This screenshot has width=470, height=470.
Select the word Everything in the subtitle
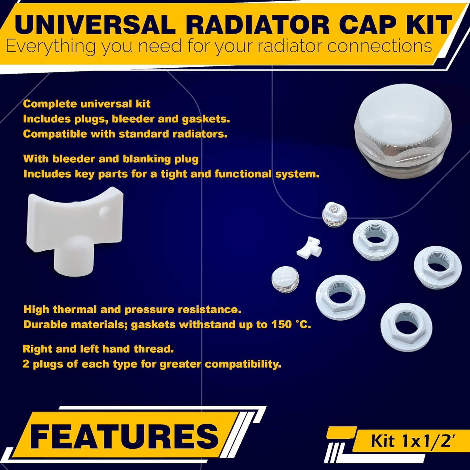point(50,46)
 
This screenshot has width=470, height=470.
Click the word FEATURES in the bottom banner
point(124,436)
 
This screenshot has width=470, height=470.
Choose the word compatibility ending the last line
point(243,364)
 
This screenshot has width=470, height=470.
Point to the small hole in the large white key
point(102,212)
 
